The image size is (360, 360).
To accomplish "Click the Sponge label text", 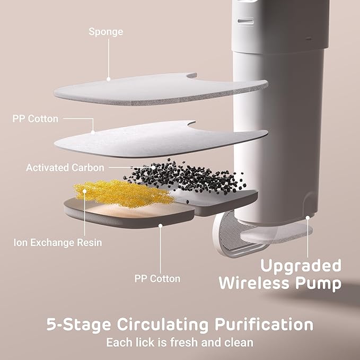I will pyautogui.click(x=106, y=32).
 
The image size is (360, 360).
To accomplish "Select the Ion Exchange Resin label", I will pyautogui.click(x=57, y=243).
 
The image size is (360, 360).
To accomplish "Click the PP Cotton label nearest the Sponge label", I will pyautogui.click(x=35, y=118).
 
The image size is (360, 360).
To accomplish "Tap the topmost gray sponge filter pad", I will pyautogui.click(x=159, y=89).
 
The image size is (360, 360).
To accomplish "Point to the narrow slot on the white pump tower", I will pyautogui.click(x=245, y=22).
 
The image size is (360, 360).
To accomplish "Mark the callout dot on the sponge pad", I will pyautogui.click(x=108, y=78).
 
